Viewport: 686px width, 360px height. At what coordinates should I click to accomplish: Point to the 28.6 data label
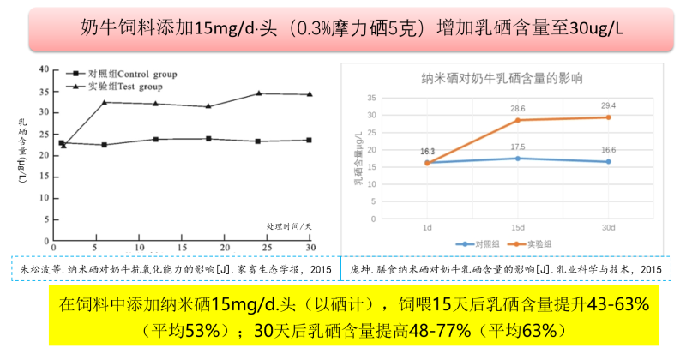pos(518,109)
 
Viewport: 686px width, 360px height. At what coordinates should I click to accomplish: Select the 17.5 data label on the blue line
pos(518,147)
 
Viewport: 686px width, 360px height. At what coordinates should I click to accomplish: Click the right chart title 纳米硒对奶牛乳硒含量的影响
pos(502,78)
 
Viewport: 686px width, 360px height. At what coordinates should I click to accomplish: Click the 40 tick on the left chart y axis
pos(44,69)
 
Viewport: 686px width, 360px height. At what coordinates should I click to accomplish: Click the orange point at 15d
pos(518,120)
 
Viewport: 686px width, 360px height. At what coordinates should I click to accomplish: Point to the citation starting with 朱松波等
pos(175,268)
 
